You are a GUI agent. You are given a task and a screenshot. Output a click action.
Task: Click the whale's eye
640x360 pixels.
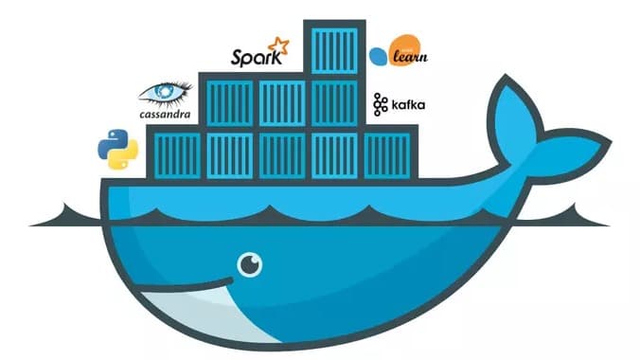pyautogui.click(x=250, y=264)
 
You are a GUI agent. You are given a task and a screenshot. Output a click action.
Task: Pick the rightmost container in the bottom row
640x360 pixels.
pyautogui.click(x=386, y=155)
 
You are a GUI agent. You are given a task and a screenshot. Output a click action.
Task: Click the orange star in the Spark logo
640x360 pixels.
pyautogui.click(x=278, y=45)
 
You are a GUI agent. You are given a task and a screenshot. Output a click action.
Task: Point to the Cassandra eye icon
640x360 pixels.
pyautogui.click(x=167, y=93)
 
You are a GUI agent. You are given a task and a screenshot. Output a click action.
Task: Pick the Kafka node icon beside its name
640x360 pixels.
pyautogui.click(x=381, y=104)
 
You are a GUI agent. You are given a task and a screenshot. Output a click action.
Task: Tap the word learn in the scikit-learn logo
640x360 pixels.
pyautogui.click(x=409, y=57)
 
